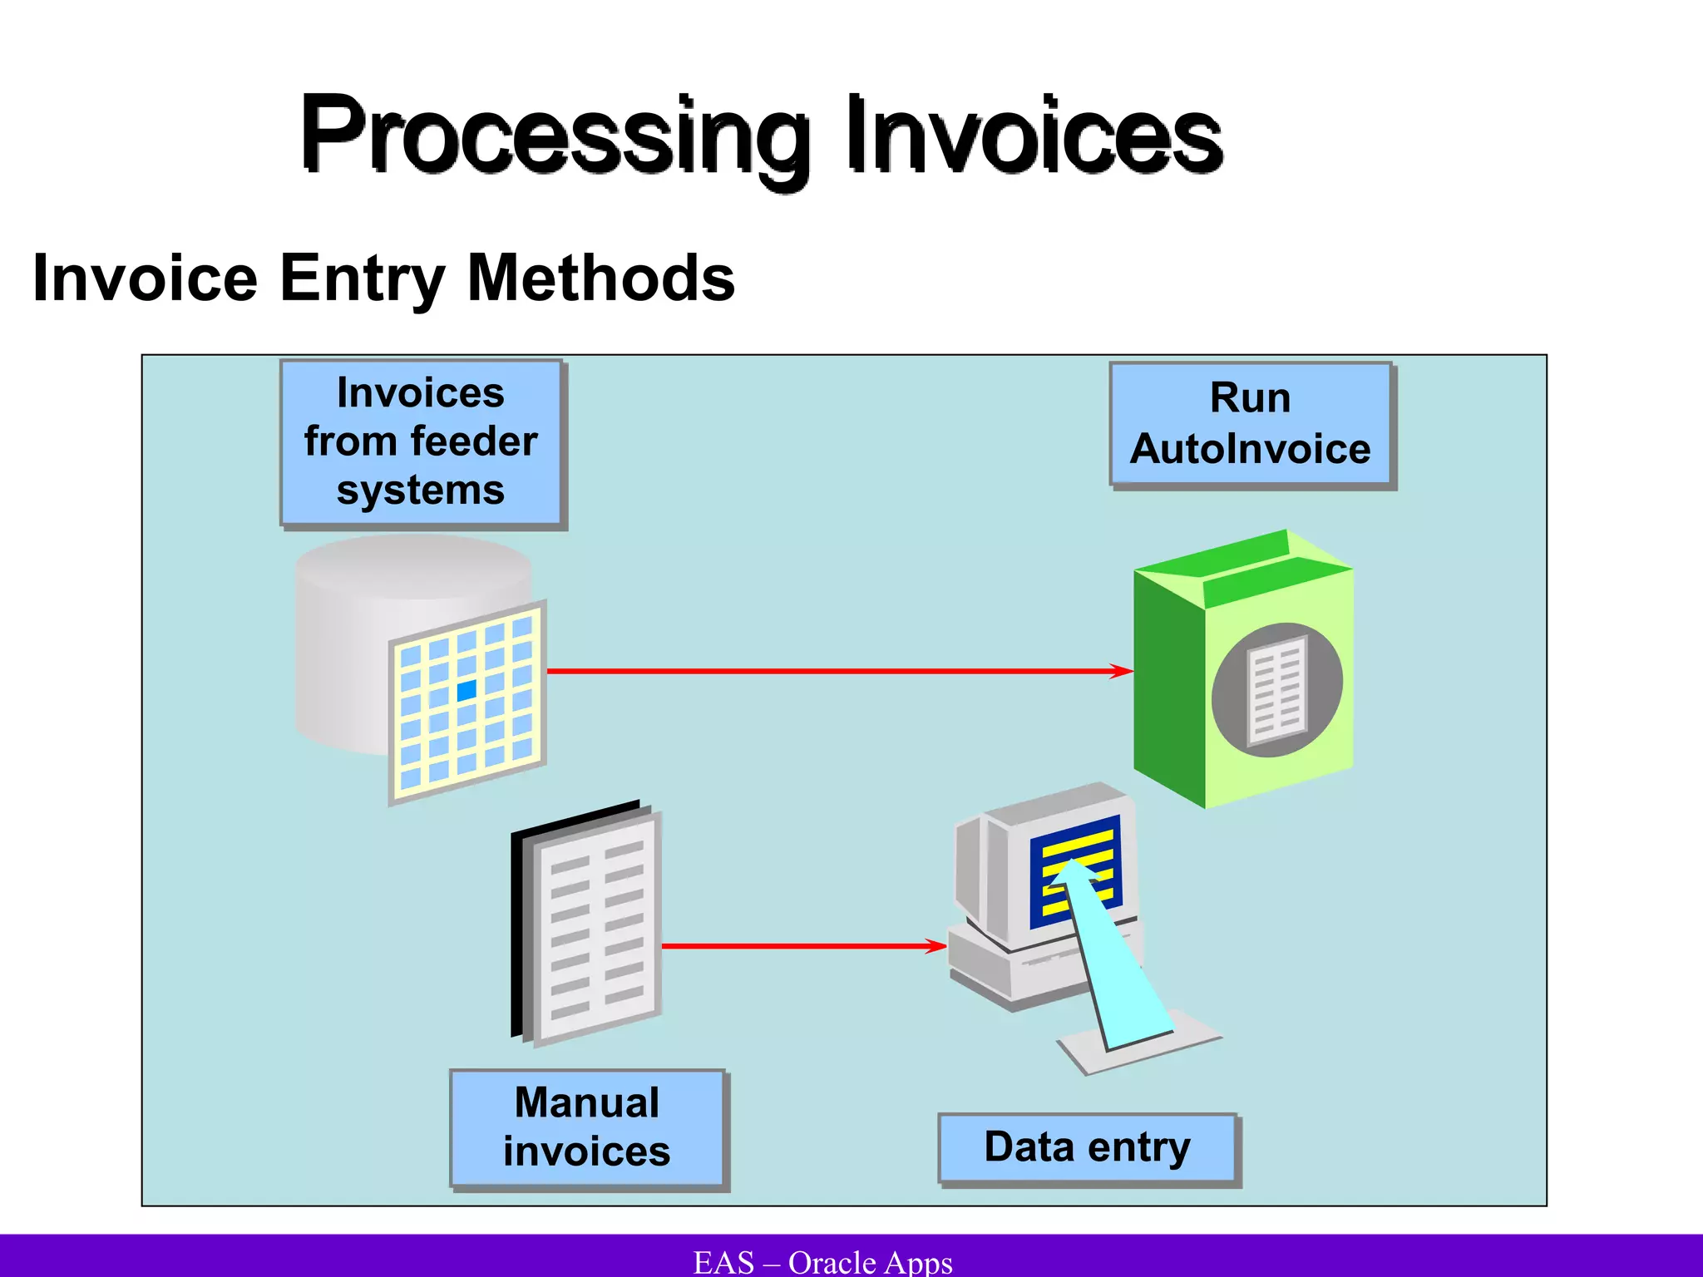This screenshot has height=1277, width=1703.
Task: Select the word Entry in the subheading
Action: [x=362, y=279]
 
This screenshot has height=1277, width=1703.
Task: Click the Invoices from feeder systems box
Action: [x=422, y=442]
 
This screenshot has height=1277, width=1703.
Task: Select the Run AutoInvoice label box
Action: [x=1250, y=424]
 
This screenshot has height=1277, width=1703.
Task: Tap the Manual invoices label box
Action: [x=587, y=1128]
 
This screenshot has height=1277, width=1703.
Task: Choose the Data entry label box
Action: [x=1088, y=1148]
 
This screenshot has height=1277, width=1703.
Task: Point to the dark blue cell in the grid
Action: [x=466, y=689]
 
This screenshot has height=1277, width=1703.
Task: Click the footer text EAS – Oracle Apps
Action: [x=822, y=1262]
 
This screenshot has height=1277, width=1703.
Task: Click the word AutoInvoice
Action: [x=1250, y=450]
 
